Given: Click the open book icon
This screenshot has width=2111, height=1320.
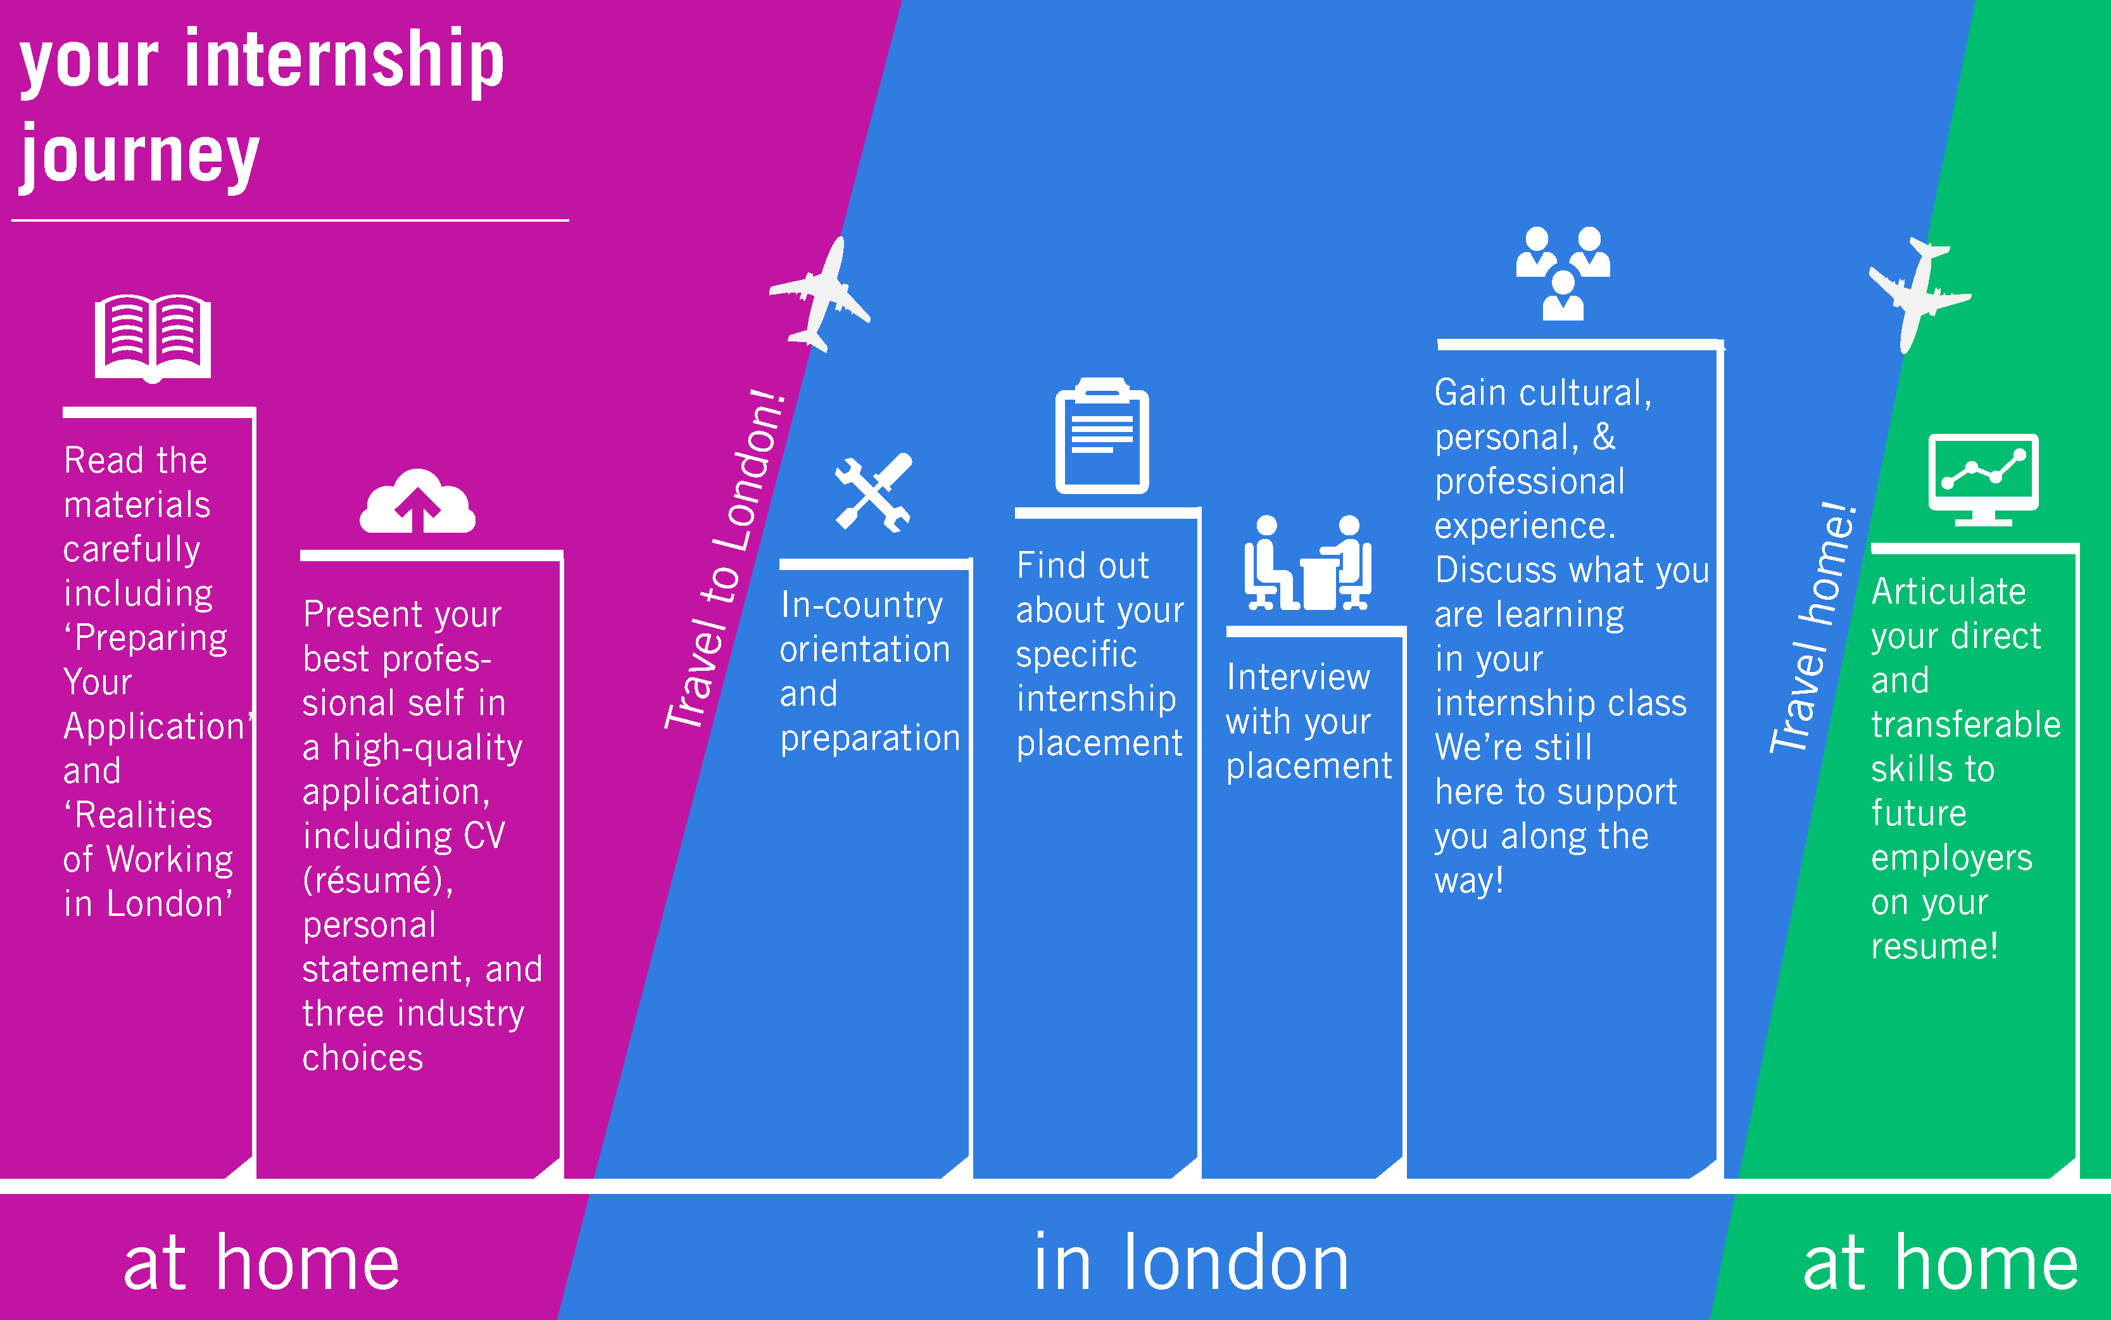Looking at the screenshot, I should click(x=153, y=338).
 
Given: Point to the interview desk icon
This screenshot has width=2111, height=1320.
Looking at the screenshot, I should click(x=1308, y=563).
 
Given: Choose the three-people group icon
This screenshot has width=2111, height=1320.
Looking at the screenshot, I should click(x=1562, y=273).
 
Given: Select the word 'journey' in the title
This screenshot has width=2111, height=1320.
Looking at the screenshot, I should click(x=140, y=155).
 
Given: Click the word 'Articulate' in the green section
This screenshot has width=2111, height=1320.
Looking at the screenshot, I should click(x=1948, y=592).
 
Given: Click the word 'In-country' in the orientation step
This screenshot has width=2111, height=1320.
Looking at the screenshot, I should click(x=861, y=605).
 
